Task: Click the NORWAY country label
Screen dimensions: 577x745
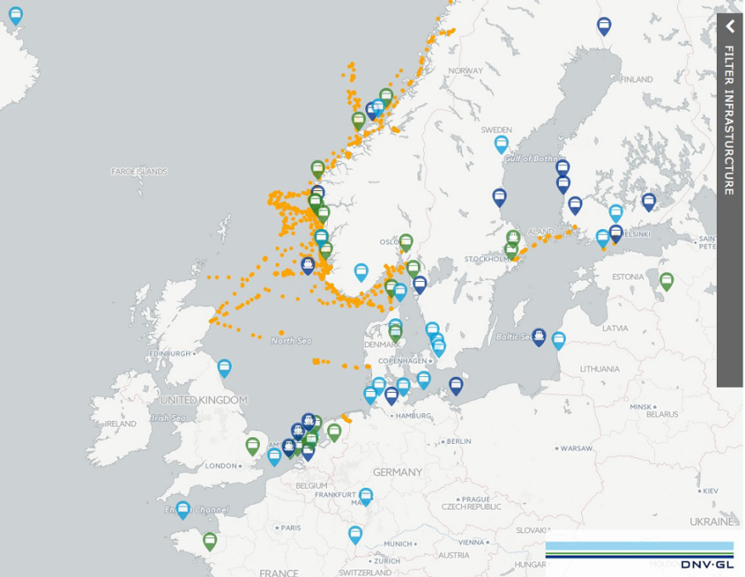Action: point(466,71)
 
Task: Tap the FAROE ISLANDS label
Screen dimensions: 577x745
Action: point(139,172)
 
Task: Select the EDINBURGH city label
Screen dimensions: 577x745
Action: point(169,354)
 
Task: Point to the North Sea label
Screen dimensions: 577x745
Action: point(291,341)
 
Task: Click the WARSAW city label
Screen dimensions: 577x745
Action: point(576,449)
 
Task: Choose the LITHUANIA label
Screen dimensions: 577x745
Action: point(599,369)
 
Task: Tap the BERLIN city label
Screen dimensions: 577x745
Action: point(458,442)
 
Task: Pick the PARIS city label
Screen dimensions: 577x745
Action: point(290,527)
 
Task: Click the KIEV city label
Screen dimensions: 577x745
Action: point(709,491)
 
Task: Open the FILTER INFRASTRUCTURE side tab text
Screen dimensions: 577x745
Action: point(729,120)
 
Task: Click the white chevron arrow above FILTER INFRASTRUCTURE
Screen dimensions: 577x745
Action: point(730,26)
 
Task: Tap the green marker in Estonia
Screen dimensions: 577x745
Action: point(666,280)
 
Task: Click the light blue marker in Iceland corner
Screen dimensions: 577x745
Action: point(16,15)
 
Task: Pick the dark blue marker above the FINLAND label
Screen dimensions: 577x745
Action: point(604,26)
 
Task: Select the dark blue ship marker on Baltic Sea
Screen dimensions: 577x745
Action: point(539,336)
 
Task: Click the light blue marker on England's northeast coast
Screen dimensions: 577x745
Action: point(224,367)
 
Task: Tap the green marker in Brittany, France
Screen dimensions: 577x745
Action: point(210,541)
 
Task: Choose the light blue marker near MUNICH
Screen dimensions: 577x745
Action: point(355,533)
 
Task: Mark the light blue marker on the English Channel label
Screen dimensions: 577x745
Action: point(183,509)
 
